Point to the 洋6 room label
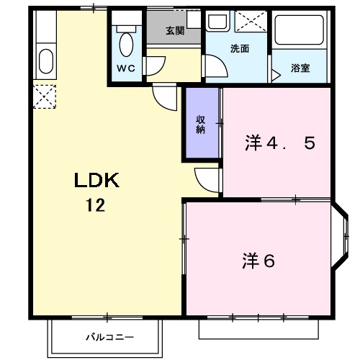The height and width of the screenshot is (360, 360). [258, 261]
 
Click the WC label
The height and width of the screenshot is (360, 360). [127, 68]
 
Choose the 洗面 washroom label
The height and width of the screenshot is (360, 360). [239, 48]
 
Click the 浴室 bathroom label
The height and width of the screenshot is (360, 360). [300, 68]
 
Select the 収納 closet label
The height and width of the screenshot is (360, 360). [201, 124]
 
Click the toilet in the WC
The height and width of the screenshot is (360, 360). [127, 42]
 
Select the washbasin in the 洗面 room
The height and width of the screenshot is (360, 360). [217, 22]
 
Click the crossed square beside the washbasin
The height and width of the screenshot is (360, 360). [250, 22]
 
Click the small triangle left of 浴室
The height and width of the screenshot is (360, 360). [275, 73]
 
